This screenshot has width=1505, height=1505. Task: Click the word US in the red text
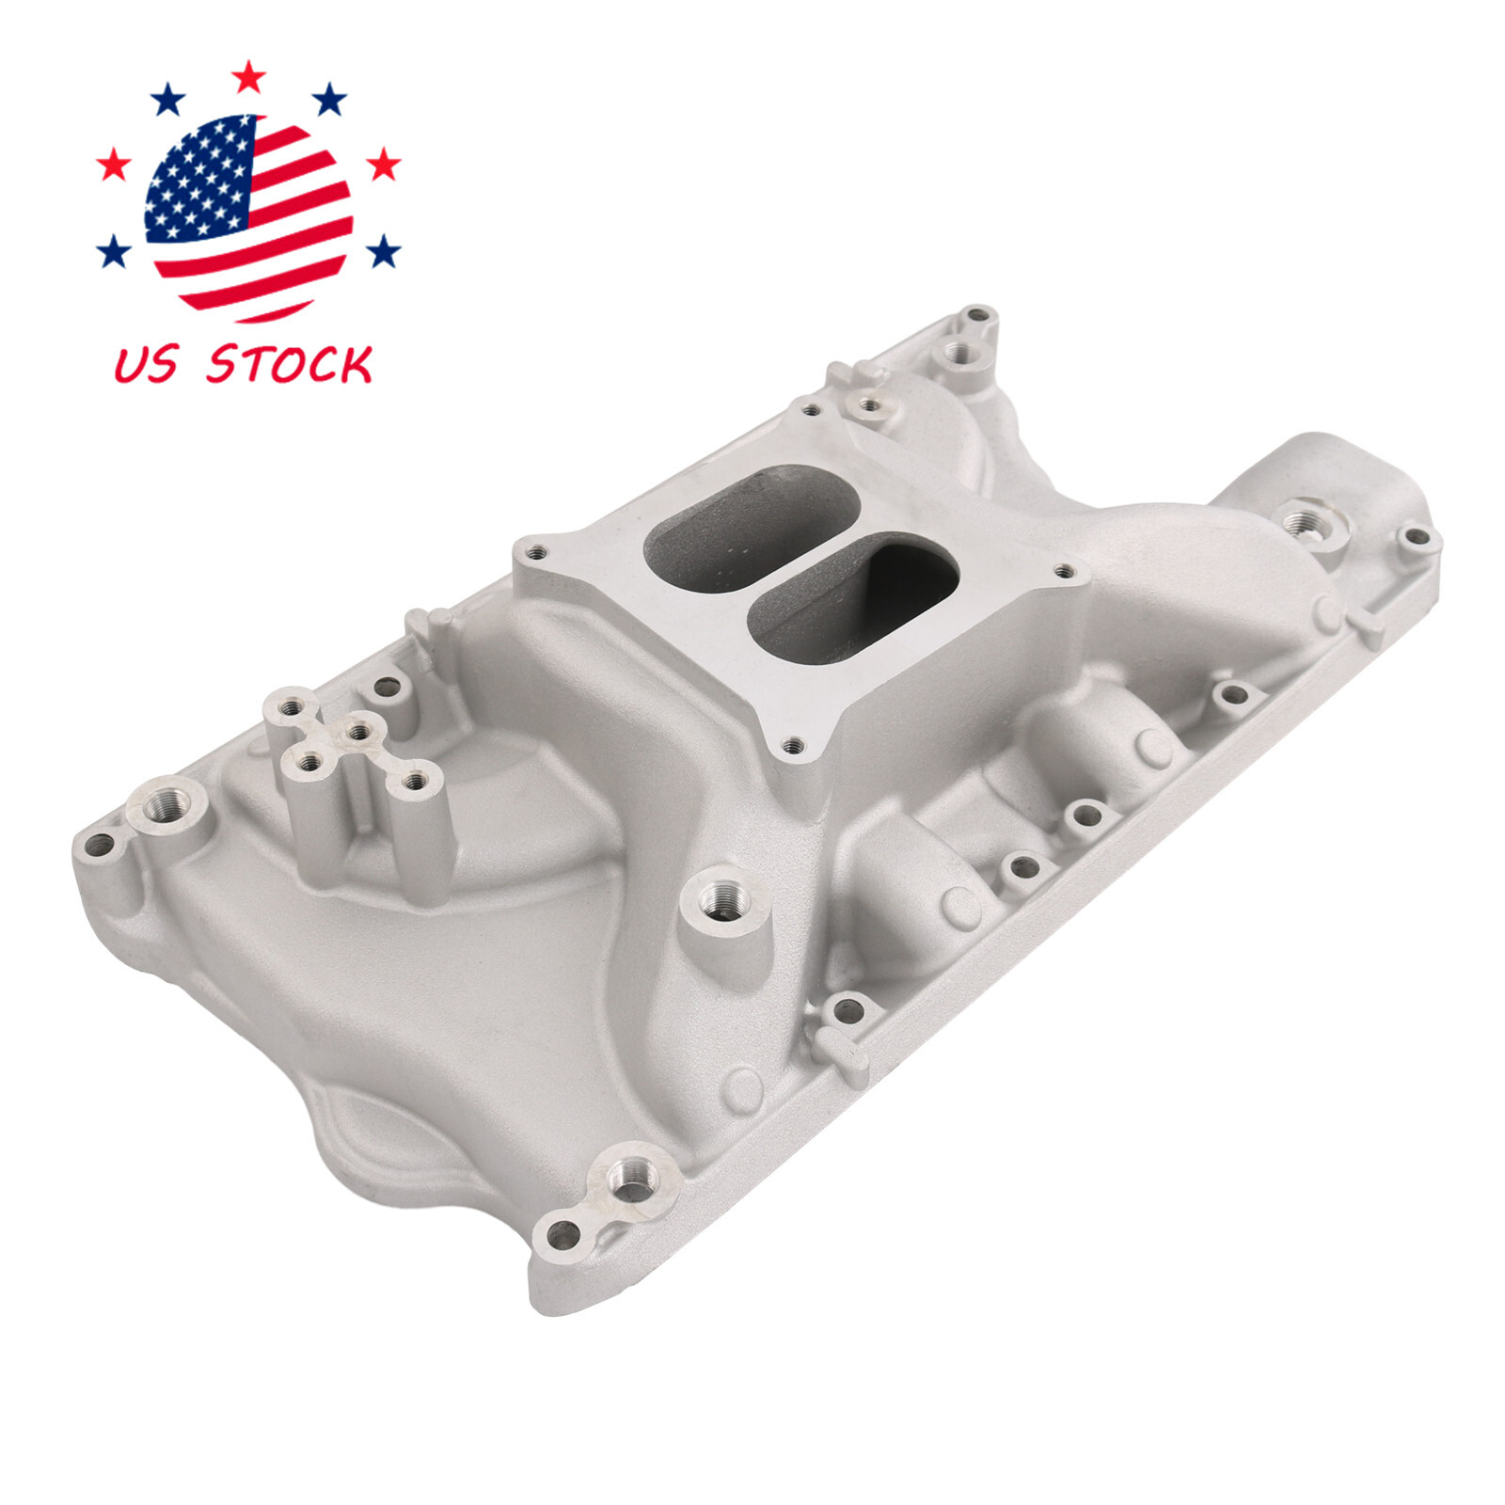[144, 365]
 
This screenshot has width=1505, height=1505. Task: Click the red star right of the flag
[382, 166]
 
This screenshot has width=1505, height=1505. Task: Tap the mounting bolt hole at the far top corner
[978, 315]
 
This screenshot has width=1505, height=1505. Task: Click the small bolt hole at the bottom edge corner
[565, 1232]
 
